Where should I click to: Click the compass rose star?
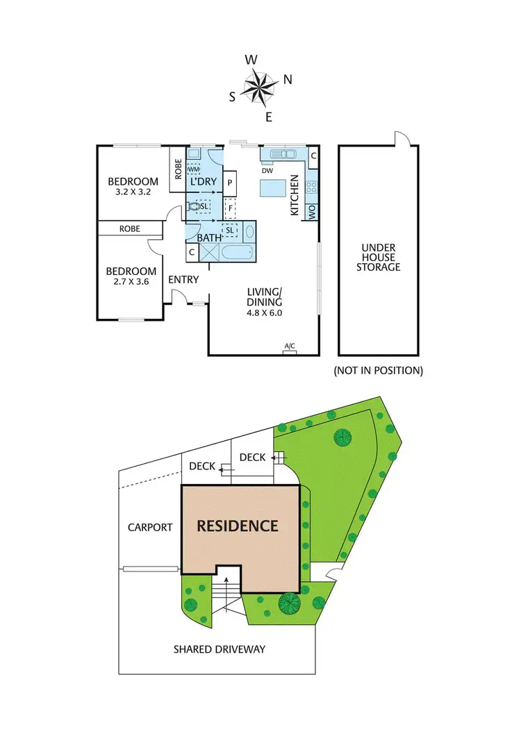[x=259, y=87]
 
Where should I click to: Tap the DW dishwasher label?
[x=267, y=170]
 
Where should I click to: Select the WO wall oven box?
[x=313, y=211]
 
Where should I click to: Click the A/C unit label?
[x=290, y=346]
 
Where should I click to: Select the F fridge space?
[x=230, y=207]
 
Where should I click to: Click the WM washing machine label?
[x=194, y=169]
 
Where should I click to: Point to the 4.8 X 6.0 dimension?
[x=265, y=312]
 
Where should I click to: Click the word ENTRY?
[x=184, y=280]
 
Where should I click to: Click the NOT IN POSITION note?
[x=379, y=370]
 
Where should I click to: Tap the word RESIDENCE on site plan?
[x=238, y=526]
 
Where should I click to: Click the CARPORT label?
[x=150, y=527]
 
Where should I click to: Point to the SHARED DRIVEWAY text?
[x=220, y=649]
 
